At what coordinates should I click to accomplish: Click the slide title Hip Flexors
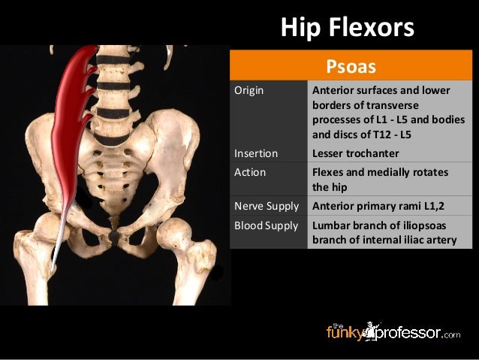347,28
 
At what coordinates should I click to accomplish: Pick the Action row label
249,172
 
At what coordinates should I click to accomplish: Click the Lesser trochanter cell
356,153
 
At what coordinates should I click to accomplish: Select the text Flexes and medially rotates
380,172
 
